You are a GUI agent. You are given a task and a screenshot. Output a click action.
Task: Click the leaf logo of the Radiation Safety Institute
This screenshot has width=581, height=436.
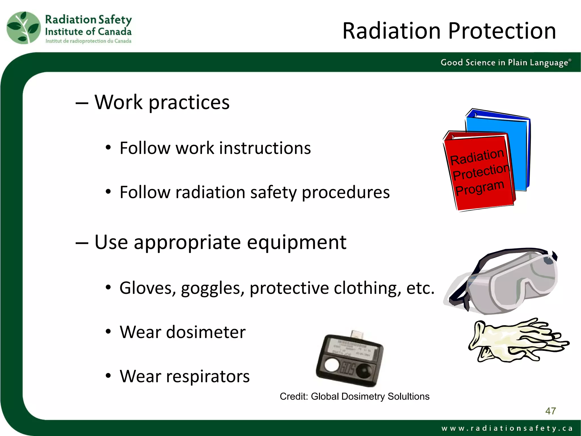tap(24, 28)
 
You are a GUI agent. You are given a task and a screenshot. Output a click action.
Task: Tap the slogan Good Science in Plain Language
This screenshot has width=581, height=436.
tap(505, 62)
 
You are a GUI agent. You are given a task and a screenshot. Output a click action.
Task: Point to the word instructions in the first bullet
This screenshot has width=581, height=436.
tap(265, 148)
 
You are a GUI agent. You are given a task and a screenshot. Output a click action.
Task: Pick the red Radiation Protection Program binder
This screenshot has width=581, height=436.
tap(479, 173)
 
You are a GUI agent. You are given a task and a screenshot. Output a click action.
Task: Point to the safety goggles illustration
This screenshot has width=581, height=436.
tap(505, 281)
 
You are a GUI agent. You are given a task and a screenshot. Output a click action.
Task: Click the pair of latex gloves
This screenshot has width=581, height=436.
tap(516, 341)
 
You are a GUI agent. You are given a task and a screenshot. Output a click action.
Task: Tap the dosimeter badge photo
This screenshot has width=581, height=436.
tap(350, 359)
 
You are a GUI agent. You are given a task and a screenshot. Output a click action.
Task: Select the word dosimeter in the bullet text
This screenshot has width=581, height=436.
tap(206, 332)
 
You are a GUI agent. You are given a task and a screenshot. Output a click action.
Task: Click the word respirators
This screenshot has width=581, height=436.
tap(208, 376)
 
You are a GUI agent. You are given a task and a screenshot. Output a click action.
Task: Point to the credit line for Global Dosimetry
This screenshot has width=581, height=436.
tap(354, 397)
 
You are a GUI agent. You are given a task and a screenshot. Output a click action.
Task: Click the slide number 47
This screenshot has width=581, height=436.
tap(550, 411)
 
